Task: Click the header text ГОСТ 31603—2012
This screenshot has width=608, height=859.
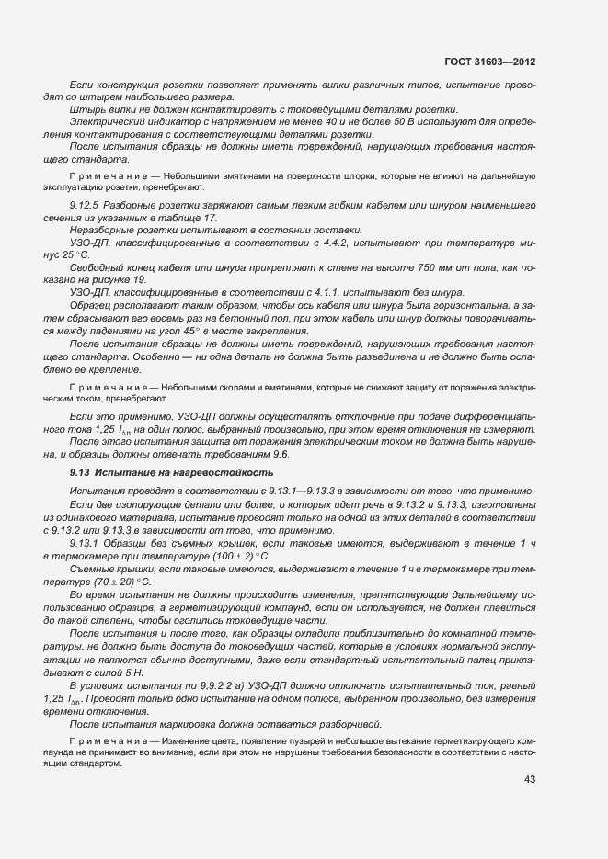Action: pyautogui.click(x=490, y=62)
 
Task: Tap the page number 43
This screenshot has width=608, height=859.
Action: pyautogui.click(x=530, y=780)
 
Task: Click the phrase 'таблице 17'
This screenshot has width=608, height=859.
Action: pyautogui.click(x=190, y=218)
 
